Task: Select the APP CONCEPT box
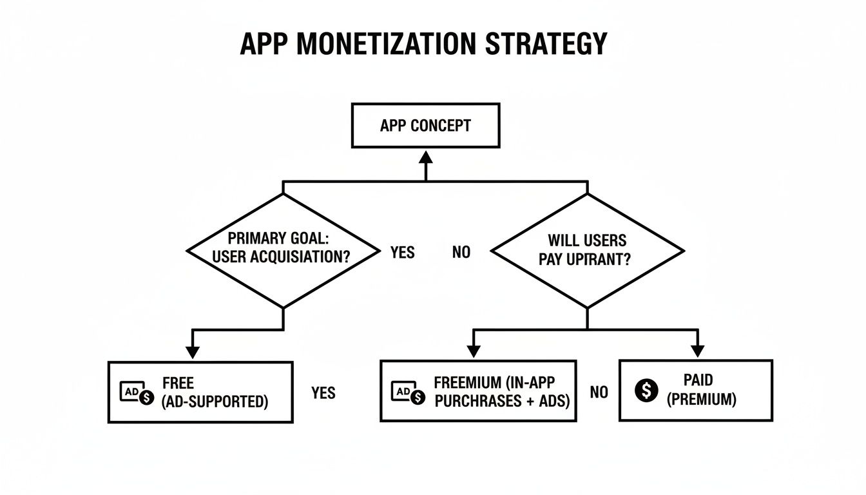(425, 125)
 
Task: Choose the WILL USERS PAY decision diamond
(587, 250)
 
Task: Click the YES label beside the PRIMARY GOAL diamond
(403, 252)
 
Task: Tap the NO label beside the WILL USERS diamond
(461, 253)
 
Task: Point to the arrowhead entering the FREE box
(192, 353)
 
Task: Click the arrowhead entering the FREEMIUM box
(474, 353)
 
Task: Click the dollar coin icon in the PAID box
(646, 391)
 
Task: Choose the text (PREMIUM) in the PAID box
(701, 399)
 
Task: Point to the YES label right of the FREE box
(323, 393)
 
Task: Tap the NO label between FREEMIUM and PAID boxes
(599, 393)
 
